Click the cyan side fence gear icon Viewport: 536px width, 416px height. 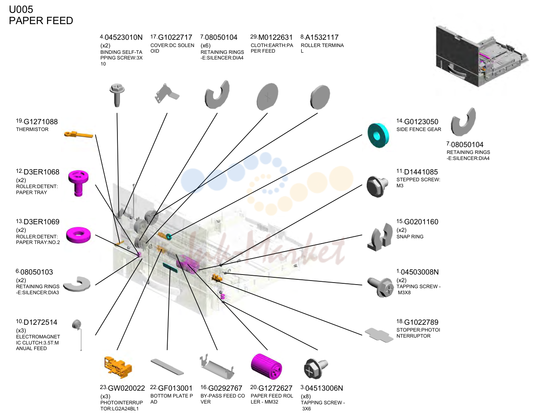click(x=378, y=135)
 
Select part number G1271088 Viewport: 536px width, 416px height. click(x=41, y=122)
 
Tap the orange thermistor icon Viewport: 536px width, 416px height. click(x=78, y=134)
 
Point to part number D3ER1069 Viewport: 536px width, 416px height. click(x=41, y=222)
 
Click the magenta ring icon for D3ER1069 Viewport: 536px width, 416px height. click(x=78, y=235)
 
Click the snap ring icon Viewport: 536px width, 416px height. click(x=380, y=237)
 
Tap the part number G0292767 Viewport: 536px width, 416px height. click(x=225, y=388)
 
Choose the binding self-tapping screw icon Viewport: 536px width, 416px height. click(x=117, y=95)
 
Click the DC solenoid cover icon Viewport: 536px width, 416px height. click(x=166, y=94)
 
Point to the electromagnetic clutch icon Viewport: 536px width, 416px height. click(x=78, y=334)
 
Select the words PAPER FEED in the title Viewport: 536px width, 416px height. click(x=41, y=21)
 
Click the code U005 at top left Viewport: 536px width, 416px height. click(x=21, y=9)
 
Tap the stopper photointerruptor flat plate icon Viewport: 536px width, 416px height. click(x=379, y=335)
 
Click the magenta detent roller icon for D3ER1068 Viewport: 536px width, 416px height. click(x=78, y=183)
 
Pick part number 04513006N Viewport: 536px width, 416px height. click(x=324, y=388)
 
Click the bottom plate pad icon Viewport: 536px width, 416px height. click(x=167, y=367)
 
